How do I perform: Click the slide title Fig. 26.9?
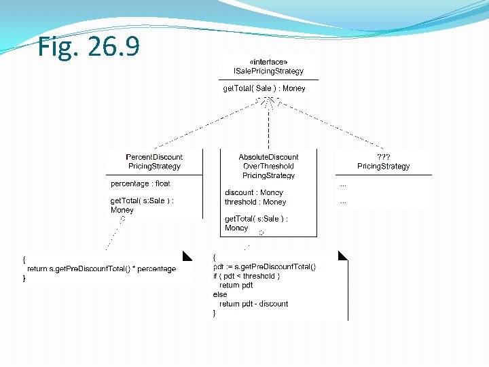[x=89, y=47]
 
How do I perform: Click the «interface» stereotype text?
[x=268, y=62]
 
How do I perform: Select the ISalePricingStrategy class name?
[x=268, y=71]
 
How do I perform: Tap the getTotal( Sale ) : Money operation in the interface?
[x=264, y=88]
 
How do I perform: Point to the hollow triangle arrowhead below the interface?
[x=269, y=103]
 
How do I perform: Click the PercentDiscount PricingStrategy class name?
[x=154, y=162]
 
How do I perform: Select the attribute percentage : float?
[x=141, y=183]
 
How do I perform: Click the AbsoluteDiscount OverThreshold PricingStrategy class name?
[x=268, y=167]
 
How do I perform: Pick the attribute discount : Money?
[x=253, y=192]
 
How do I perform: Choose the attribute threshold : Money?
[x=255, y=202]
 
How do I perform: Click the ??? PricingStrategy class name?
[x=384, y=162]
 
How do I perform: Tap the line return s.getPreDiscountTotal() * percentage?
[x=101, y=269]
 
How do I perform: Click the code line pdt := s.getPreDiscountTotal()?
[x=264, y=267]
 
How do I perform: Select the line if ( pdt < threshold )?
[x=246, y=277]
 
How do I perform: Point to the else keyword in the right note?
[x=220, y=295]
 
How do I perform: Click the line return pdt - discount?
[x=253, y=304]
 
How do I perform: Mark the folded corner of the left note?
[x=187, y=256]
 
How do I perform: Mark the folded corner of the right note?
[x=342, y=256]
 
